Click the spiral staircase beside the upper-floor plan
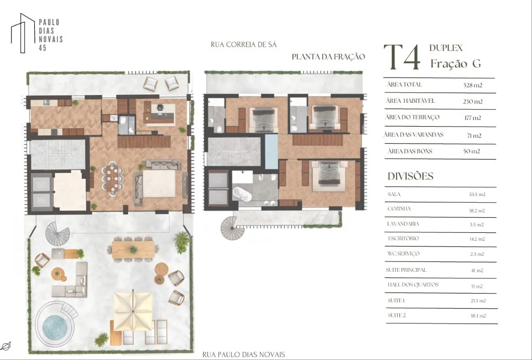pyautogui.click(x=233, y=228)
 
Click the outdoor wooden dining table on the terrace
pyautogui.click(x=133, y=250)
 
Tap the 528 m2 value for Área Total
pyautogui.click(x=473, y=85)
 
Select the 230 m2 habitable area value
pyautogui.click(x=473, y=101)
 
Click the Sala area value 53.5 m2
pyautogui.click(x=477, y=195)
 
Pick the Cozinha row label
pyautogui.click(x=399, y=209)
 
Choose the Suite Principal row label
pyautogui.click(x=406, y=270)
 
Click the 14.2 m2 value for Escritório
pyautogui.click(x=477, y=239)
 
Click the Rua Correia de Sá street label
pyautogui.click(x=243, y=45)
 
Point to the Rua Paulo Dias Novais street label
pyautogui.click(x=243, y=355)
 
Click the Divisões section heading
pyautogui.click(x=411, y=176)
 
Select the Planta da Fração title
pyautogui.click(x=328, y=57)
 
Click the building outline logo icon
pyautogui.click(x=23, y=33)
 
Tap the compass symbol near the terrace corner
pyautogui.click(x=6, y=346)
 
